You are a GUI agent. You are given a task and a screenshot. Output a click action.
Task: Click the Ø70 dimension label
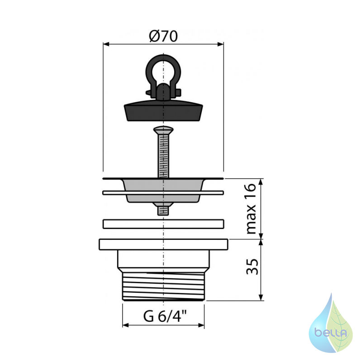tap(163, 36)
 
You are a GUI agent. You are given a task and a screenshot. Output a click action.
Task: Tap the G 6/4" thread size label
tap(165, 316)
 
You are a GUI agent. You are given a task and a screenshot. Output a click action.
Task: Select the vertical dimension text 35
tap(252, 267)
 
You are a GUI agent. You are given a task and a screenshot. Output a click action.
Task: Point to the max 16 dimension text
tap(251, 209)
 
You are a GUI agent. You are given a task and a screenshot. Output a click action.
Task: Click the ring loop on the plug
tap(163, 69)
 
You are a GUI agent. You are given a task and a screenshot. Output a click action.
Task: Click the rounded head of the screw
tap(163, 130)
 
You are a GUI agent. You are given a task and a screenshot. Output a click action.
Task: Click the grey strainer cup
tap(163, 190)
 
